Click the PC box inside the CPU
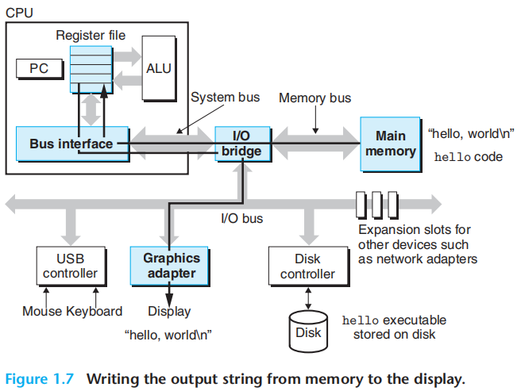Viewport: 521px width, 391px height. (38, 69)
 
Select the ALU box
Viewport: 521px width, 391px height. (159, 68)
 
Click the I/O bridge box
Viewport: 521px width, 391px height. (241, 144)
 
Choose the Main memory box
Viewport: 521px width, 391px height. (391, 144)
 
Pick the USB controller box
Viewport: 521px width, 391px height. (70, 266)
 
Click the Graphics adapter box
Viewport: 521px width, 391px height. (172, 266)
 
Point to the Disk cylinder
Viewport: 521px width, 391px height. (308, 327)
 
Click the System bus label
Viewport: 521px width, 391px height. (225, 98)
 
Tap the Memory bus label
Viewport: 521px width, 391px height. (315, 98)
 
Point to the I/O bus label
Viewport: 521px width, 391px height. (241, 218)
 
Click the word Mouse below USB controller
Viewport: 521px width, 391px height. (42, 311)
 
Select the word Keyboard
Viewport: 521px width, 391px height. (95, 311)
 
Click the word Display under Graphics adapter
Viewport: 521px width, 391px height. (169, 311)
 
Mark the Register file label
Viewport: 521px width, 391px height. (91, 35)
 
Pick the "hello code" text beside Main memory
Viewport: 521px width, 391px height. (469, 157)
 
